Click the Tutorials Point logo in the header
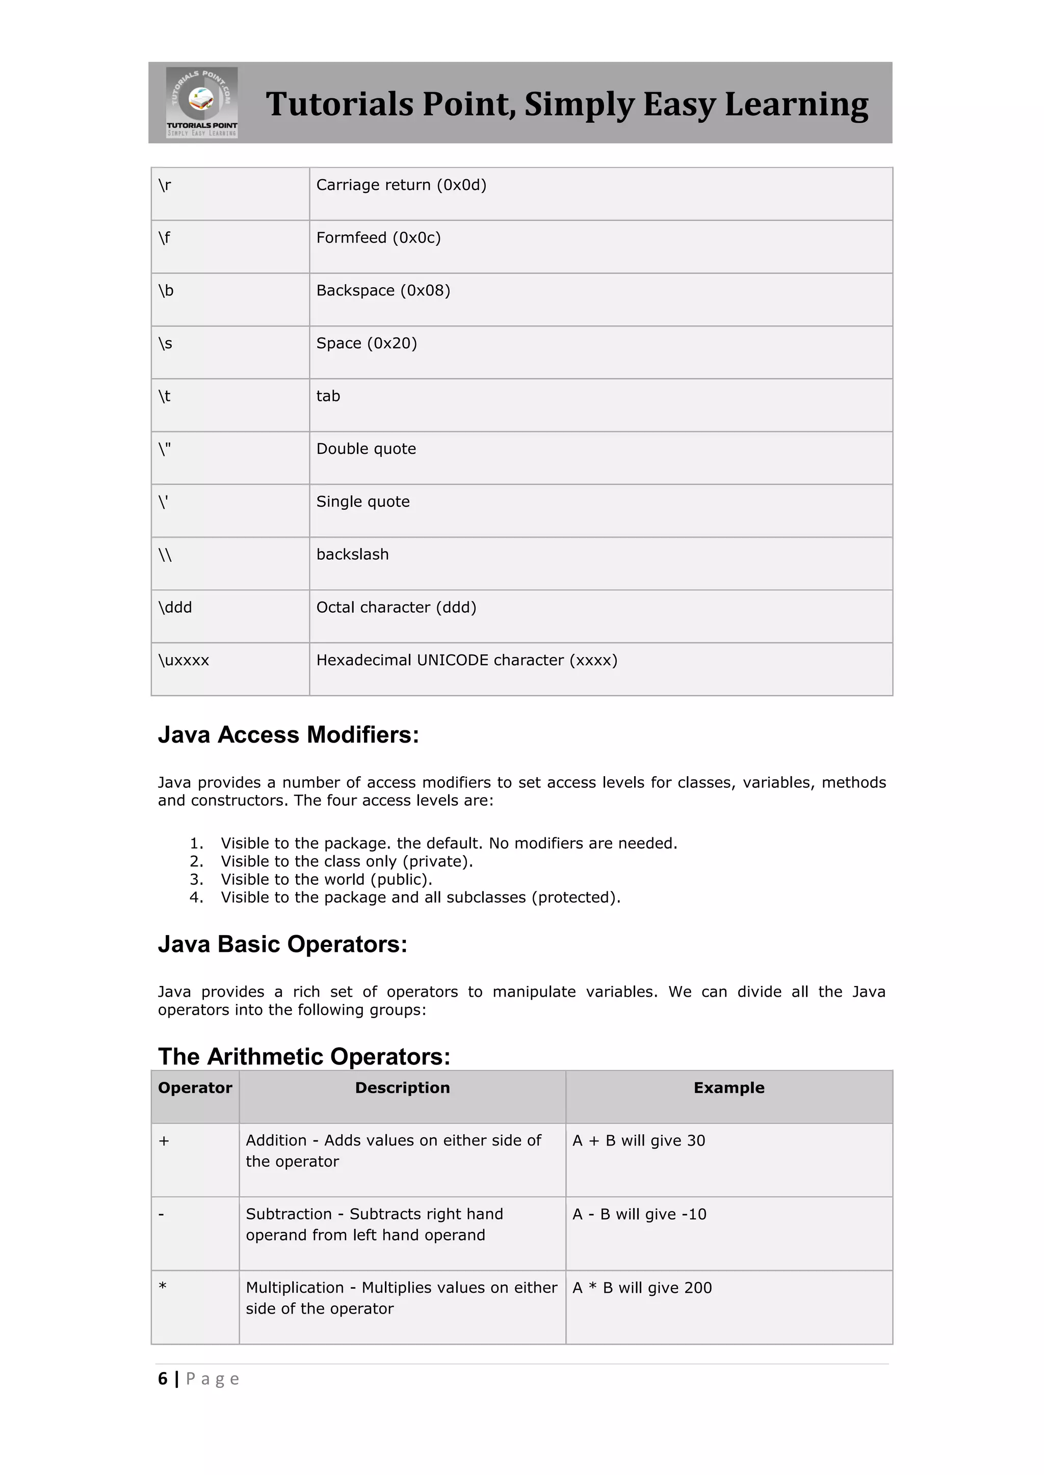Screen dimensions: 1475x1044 (x=202, y=102)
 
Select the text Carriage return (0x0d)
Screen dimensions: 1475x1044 (x=401, y=185)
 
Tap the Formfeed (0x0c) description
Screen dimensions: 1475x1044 (x=378, y=238)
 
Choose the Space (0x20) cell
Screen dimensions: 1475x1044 (x=367, y=344)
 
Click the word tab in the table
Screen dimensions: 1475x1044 (x=328, y=396)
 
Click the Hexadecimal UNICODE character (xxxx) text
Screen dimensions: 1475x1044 (x=467, y=661)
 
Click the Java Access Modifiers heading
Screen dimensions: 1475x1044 (x=288, y=735)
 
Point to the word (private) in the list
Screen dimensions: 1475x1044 (x=437, y=861)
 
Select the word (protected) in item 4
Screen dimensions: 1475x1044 (x=576, y=897)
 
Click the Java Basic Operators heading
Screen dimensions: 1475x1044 (x=282, y=944)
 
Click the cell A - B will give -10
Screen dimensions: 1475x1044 (x=639, y=1214)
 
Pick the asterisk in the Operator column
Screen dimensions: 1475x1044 (x=163, y=1287)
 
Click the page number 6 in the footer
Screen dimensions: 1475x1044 (x=163, y=1379)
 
